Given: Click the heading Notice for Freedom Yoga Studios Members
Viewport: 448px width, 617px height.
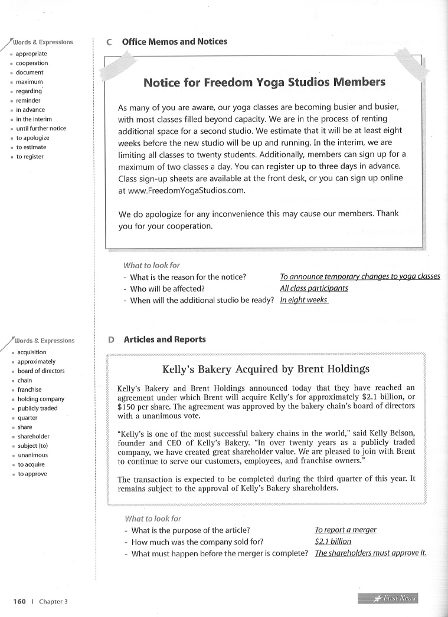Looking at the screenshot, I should click(264, 83).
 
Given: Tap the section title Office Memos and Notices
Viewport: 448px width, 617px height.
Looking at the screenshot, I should click(174, 42).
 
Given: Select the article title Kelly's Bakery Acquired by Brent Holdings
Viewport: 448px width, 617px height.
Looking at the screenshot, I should click(266, 369).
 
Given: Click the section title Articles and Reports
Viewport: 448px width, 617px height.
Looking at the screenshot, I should click(165, 339).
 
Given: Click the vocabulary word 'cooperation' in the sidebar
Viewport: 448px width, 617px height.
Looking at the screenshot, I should click(32, 63).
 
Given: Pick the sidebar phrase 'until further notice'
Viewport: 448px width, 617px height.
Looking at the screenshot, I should click(41, 128).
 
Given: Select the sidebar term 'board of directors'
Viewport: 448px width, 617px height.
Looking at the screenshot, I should click(41, 371).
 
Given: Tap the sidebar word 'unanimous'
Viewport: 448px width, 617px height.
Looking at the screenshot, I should click(32, 455).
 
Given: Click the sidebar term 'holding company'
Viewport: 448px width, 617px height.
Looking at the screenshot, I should click(41, 399).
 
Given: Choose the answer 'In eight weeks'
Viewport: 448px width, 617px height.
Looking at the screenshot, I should click(304, 300).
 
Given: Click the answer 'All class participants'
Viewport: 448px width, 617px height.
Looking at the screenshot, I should click(314, 288).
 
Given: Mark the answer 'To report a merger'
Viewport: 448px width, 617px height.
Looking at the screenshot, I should click(346, 530).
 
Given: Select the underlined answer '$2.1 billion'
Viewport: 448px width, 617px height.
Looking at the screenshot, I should click(333, 541).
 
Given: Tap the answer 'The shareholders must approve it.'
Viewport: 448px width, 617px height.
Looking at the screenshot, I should click(371, 553).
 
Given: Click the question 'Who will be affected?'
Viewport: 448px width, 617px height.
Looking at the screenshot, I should click(167, 288).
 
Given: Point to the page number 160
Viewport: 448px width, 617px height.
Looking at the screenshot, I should click(19, 602).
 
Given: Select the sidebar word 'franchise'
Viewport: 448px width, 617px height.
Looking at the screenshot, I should click(30, 390).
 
